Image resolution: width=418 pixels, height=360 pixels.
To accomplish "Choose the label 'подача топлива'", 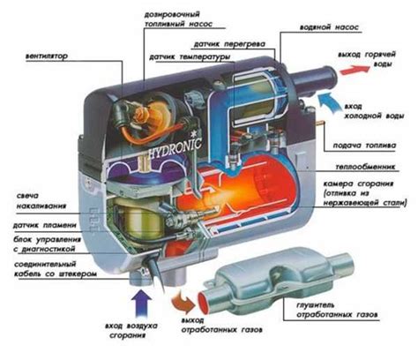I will (373, 145).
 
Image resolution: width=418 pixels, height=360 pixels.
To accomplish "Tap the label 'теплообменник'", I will (375, 165).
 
